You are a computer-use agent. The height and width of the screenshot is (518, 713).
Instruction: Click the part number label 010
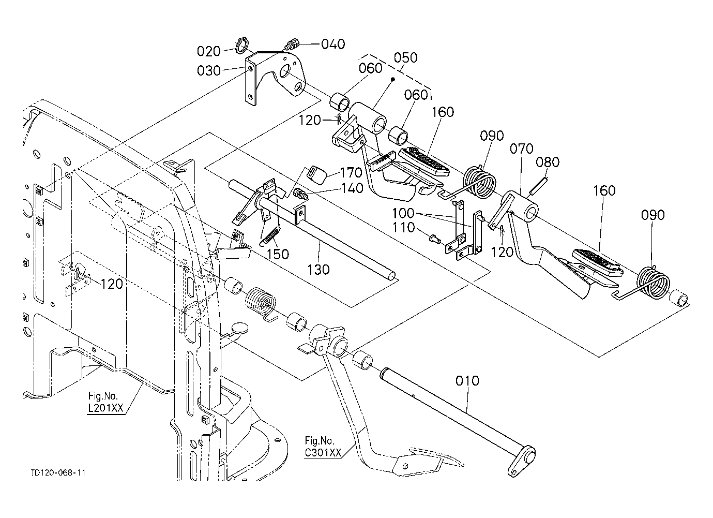pos(467,381)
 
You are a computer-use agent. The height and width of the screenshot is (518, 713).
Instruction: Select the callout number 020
pos(208,51)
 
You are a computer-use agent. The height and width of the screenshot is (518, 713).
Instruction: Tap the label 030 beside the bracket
pos(208,71)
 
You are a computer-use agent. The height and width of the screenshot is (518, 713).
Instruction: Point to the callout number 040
pos(332,44)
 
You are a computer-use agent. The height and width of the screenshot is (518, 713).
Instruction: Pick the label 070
pos(521,150)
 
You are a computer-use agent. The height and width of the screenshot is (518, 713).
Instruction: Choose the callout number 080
pos(548,162)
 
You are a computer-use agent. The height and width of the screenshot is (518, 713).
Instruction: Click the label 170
pos(352,171)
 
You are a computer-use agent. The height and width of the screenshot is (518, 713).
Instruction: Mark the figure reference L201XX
pos(105,407)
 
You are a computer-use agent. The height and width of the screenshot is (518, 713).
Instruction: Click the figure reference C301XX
pos(323,452)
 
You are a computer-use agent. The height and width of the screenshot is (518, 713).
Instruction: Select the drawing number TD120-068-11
pos(58,473)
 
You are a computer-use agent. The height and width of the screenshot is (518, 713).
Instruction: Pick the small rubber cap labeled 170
pos(317,175)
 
